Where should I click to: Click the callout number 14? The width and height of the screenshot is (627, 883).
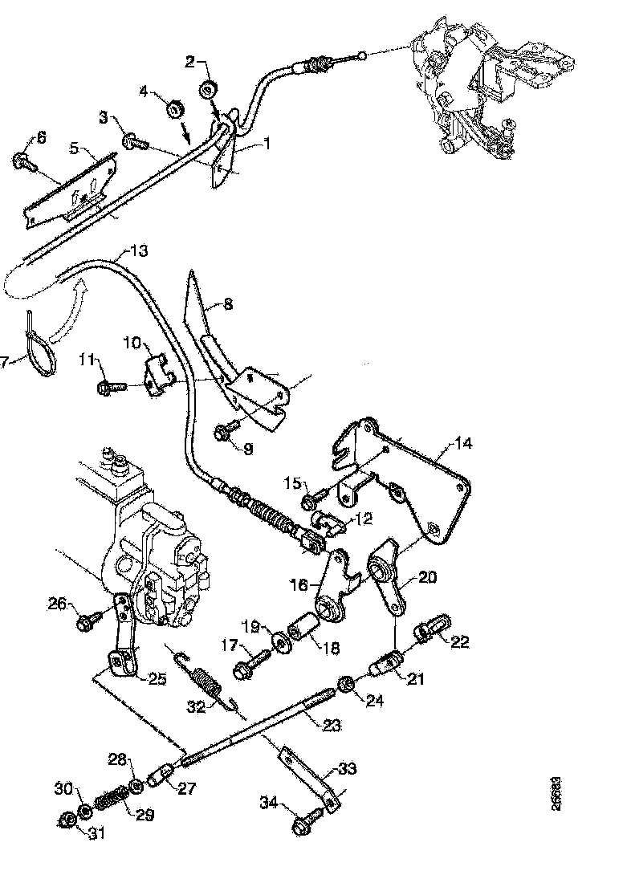(464, 442)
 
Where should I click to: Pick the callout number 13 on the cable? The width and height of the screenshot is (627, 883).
(139, 251)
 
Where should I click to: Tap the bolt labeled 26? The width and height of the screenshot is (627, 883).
(87, 621)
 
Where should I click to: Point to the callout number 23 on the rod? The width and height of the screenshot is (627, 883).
(332, 726)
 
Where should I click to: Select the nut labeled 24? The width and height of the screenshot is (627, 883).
(347, 684)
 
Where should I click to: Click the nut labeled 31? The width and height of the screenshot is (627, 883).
(67, 820)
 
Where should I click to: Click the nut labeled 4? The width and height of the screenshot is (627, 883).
(173, 109)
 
